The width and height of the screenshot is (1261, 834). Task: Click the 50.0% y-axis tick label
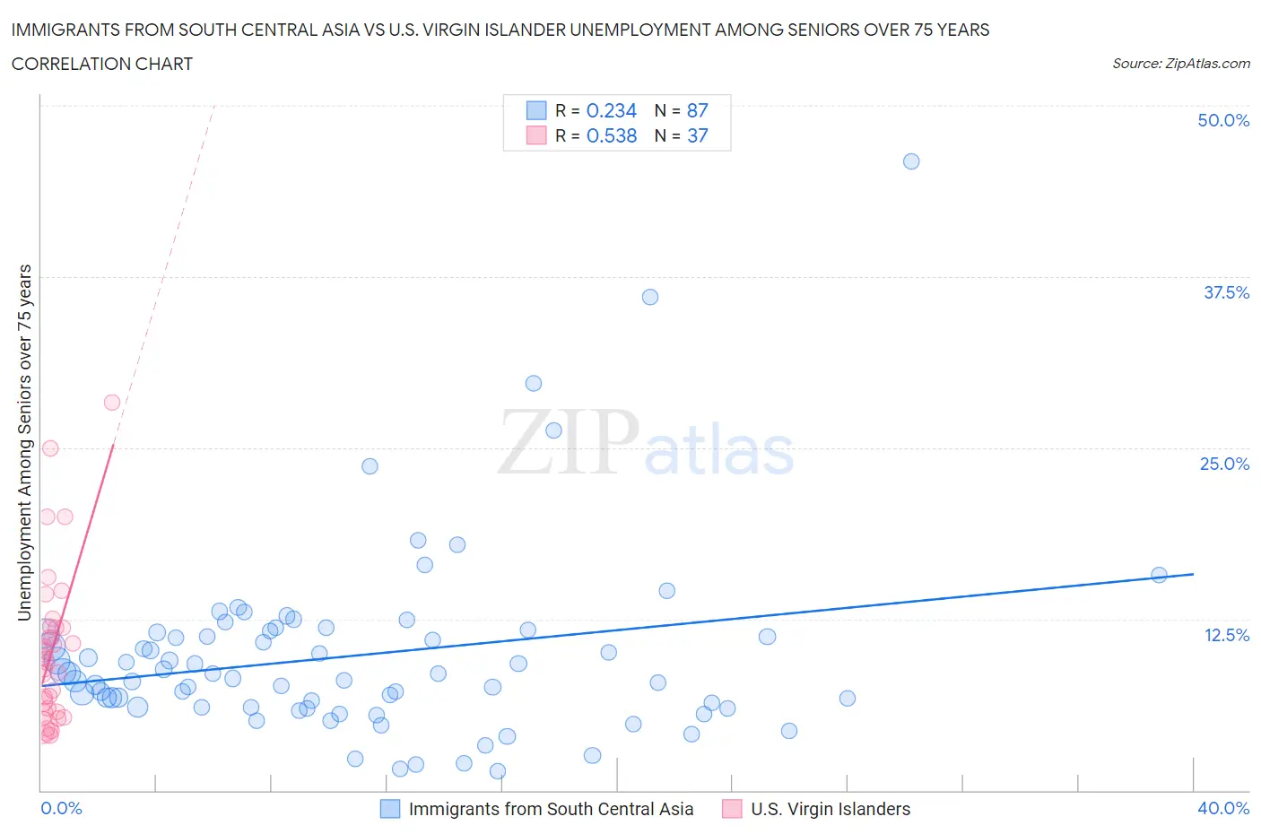point(1223,120)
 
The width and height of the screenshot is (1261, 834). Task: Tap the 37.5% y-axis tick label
point(1226,292)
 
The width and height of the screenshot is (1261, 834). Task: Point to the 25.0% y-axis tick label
point(1224,464)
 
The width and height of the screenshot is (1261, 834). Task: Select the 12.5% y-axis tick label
point(1226,635)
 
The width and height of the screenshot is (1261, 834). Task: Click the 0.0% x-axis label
point(61,808)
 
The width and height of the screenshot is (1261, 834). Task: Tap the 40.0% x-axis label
point(1223,808)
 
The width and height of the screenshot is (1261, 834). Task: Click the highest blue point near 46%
point(911,161)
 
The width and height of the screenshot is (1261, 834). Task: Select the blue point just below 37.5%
point(650,297)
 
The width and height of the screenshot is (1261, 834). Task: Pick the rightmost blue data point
point(1159,575)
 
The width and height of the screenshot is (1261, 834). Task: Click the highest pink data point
point(112,402)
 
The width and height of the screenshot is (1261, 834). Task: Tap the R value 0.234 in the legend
point(611,110)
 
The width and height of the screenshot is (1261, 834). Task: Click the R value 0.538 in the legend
point(611,135)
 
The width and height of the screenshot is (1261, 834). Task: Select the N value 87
point(697,110)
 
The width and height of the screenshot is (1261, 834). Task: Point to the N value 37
point(697,135)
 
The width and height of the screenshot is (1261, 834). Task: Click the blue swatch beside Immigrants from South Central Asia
point(390,809)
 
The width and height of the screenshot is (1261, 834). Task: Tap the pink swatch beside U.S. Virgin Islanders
point(732,809)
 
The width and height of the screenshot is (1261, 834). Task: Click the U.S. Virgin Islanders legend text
point(831,809)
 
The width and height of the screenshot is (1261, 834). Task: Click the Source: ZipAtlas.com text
point(1180,63)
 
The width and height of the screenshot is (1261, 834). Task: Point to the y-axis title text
point(24,442)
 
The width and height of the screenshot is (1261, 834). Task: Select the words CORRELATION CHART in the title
point(102,64)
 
